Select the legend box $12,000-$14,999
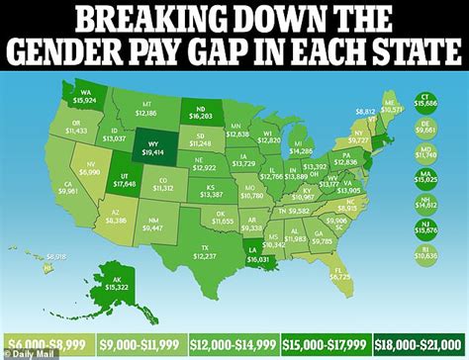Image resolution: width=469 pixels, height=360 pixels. pyautogui.click(x=233, y=344)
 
